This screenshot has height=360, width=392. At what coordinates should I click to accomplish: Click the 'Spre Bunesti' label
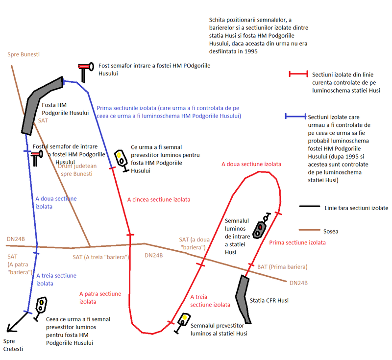point(24,54)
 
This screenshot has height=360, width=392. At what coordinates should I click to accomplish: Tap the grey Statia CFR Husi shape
point(243,299)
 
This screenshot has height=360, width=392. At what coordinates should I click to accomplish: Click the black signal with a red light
point(261,226)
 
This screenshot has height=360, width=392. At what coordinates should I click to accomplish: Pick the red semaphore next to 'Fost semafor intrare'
point(86,71)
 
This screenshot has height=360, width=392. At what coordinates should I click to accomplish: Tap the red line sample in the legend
point(298,73)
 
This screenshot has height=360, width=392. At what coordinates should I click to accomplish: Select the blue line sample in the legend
point(295,116)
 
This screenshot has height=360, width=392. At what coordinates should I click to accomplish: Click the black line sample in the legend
point(310,206)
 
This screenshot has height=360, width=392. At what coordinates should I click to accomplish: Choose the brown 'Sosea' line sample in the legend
point(310,230)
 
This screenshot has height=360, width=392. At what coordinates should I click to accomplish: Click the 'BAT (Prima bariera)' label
point(282,267)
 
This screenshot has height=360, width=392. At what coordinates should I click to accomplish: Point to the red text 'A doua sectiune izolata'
point(251,164)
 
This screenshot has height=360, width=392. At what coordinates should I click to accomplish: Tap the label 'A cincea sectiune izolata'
point(159,200)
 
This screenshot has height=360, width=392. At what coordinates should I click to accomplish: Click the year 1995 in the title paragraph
point(251,51)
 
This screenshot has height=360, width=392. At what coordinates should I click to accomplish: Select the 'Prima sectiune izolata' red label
point(297,242)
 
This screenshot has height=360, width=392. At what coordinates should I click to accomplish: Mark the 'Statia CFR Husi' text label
point(269,300)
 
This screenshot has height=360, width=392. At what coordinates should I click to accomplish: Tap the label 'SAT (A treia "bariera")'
point(101,257)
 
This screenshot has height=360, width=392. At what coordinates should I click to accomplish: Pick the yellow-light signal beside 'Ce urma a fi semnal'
point(121,161)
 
